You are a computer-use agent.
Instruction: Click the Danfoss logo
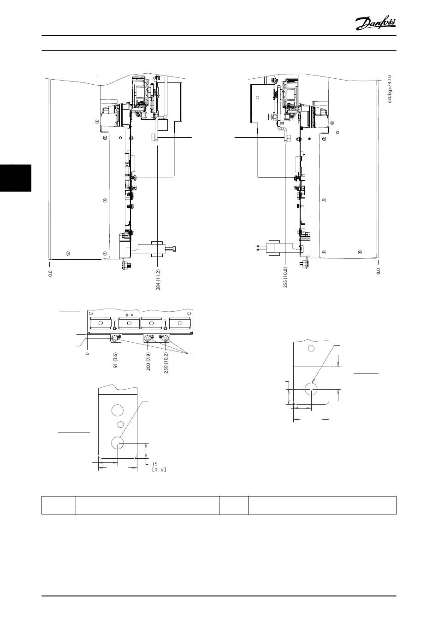pos(375,23)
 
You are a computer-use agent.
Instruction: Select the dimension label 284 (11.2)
pos(158,280)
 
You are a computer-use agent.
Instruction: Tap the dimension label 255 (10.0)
pos(285,277)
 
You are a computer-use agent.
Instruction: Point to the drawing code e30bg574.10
pos(390,89)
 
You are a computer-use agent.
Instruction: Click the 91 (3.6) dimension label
pos(115,360)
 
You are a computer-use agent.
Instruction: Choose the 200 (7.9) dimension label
pos(148,361)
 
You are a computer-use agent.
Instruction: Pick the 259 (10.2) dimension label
pos(166,362)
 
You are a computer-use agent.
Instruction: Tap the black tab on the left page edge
pos(16,178)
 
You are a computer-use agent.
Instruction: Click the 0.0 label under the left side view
pos(50,274)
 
